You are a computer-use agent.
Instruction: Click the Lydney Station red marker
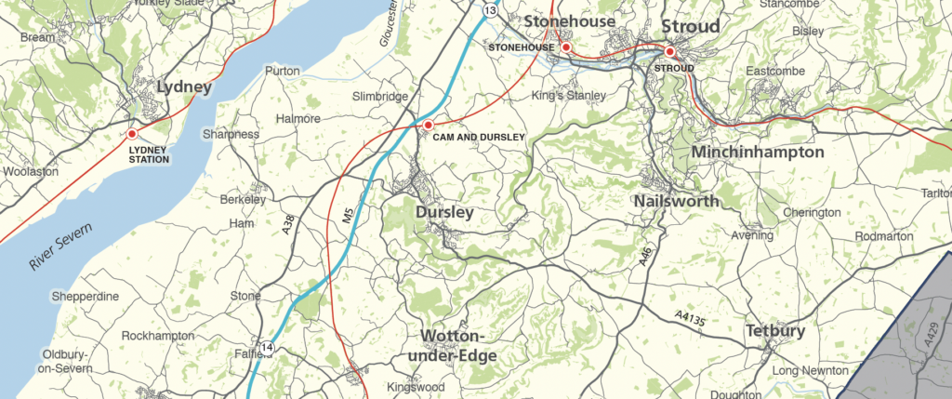(x=132, y=135)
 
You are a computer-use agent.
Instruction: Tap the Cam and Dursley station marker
(x=429, y=125)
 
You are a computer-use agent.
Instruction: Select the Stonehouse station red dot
(x=565, y=47)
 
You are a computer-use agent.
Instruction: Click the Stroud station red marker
(x=669, y=52)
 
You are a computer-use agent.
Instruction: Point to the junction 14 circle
(x=268, y=347)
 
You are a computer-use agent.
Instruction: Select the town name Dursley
(x=444, y=213)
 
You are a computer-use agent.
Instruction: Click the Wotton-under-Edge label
(x=458, y=346)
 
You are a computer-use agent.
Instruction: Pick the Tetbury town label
(x=775, y=331)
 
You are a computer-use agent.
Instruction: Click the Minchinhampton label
(x=758, y=152)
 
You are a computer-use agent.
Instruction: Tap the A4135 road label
(x=693, y=319)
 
